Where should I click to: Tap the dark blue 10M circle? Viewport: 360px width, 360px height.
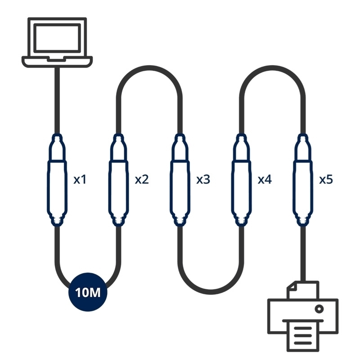point(88,292)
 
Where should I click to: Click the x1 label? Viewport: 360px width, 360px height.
point(80,180)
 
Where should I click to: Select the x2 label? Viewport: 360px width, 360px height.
point(141,180)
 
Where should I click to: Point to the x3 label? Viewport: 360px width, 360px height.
point(203,180)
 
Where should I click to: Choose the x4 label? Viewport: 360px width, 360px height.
point(265,180)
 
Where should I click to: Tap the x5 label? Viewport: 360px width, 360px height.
point(326,180)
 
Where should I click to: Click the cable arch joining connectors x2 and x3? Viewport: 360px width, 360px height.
point(149,67)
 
